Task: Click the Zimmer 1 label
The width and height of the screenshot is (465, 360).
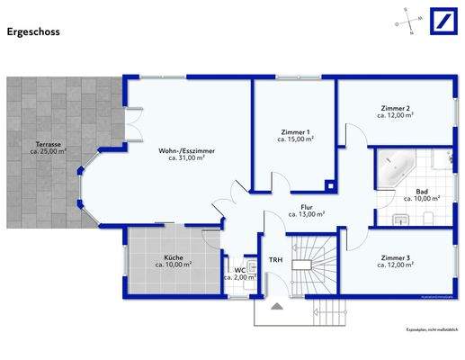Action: (x=295, y=132)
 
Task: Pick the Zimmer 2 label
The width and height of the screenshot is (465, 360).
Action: (x=394, y=109)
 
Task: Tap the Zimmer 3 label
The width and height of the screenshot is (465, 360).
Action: (x=394, y=257)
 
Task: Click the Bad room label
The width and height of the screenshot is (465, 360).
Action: (x=422, y=192)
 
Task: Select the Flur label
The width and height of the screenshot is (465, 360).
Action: (x=306, y=207)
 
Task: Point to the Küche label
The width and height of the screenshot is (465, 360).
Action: (x=173, y=257)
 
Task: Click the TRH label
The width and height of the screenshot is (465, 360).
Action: (x=274, y=260)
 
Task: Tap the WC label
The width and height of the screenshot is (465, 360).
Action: (x=240, y=269)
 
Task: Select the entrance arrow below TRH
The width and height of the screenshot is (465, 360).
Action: (x=275, y=307)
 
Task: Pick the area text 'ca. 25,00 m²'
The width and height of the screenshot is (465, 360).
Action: (x=49, y=151)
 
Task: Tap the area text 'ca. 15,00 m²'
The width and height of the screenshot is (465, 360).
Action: (x=295, y=139)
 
